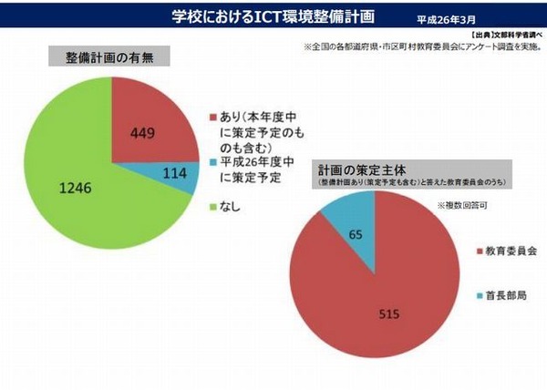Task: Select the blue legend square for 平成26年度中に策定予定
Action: pos(212,162)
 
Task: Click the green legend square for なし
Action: pos(212,206)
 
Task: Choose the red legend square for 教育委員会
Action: pos(480,250)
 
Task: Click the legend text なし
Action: pos(231,206)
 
